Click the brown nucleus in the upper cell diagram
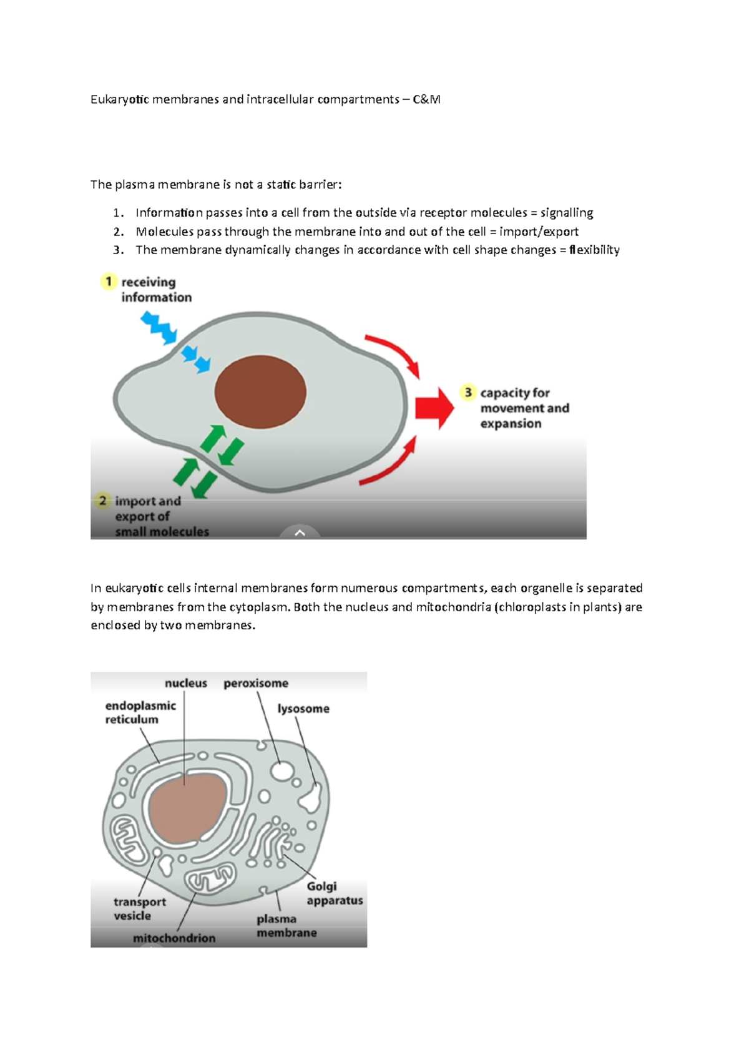point(260,392)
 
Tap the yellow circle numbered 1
point(109,282)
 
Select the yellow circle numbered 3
point(468,392)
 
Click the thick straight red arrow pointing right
point(434,408)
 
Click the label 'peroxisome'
point(256,683)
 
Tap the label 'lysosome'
point(303,709)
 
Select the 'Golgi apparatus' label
point(334,893)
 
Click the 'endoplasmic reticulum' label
point(140,712)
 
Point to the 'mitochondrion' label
point(174,938)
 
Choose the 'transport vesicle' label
point(140,908)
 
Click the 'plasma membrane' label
point(286,926)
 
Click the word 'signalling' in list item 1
point(567,213)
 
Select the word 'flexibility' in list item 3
point(594,250)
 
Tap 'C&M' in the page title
point(426,99)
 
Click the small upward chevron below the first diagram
point(300,532)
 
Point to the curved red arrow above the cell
point(394,353)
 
